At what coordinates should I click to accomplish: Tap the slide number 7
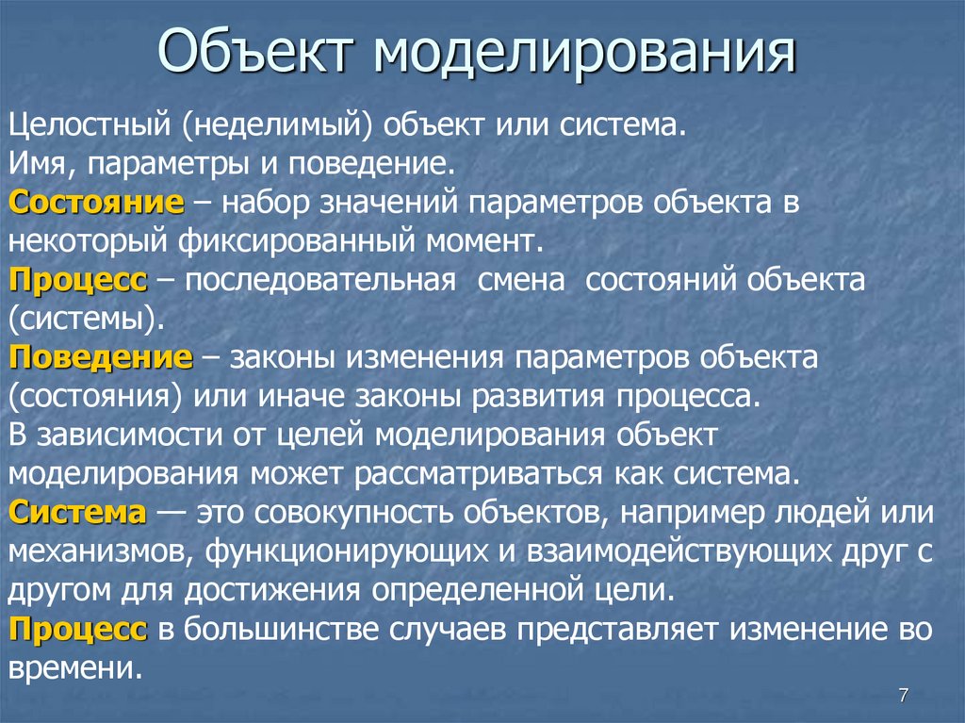pos(904,696)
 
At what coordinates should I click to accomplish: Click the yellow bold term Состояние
pos(96,203)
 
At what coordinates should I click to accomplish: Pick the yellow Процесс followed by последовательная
pos(78,281)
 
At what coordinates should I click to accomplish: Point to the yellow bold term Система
pos(78,514)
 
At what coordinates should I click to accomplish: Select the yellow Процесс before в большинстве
pos(78,630)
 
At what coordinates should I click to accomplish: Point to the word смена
pos(523,281)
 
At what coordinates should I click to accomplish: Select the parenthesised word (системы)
pos(88,320)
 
